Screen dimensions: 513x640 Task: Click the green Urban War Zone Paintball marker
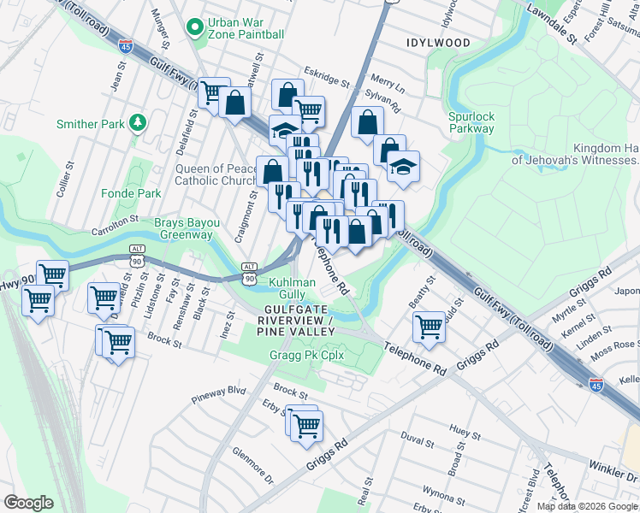point(196,27)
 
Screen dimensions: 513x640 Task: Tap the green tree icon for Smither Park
point(136,124)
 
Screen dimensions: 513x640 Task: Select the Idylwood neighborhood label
point(438,42)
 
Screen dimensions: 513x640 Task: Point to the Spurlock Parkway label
point(471,122)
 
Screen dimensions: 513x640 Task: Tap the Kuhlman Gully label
point(293,286)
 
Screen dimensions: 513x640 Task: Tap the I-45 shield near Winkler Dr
point(596,384)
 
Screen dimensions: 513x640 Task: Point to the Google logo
point(29,503)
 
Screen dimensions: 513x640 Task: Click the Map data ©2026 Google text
point(587,506)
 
